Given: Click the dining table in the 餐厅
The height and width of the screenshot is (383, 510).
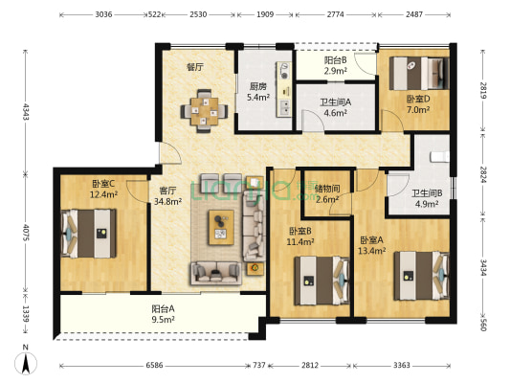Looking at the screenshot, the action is [205, 111].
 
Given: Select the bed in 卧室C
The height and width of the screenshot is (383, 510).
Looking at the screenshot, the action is [88, 234].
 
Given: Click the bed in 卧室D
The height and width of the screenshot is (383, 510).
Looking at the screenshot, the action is [420, 73].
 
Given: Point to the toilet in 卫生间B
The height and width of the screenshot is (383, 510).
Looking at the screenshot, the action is [440, 157].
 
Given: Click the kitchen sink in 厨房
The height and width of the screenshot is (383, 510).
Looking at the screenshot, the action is [284, 107].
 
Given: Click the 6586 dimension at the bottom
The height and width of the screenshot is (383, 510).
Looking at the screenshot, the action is [154, 365].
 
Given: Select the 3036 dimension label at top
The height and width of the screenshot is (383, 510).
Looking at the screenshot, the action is [103, 14].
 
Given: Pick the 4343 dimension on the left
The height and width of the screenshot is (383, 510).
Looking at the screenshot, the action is [26, 112].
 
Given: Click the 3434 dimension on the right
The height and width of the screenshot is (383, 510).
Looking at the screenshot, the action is [483, 267].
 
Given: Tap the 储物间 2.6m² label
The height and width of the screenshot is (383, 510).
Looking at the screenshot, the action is [327, 193].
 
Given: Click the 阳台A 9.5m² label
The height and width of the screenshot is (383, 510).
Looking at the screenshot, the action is [163, 314].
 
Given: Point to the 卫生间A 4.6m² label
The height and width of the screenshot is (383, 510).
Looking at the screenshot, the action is [335, 107].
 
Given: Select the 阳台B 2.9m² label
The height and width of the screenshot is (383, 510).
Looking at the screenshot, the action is [335, 65].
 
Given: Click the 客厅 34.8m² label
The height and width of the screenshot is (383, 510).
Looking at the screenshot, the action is [167, 196].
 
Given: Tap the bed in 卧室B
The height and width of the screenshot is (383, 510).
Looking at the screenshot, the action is [322, 281].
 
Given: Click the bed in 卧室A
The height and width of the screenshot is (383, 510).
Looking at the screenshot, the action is [422, 276].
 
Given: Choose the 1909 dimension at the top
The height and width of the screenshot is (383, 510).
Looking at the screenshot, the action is [265, 14].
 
